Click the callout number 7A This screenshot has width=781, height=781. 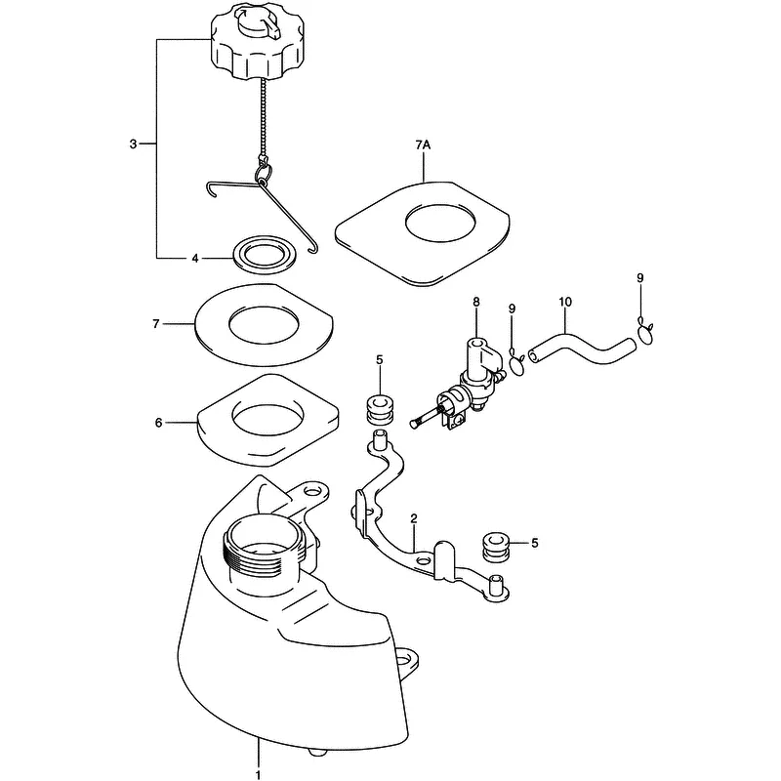click(x=423, y=144)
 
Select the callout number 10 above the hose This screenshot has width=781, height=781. click(x=565, y=302)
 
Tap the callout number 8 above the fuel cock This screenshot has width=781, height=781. click(x=476, y=302)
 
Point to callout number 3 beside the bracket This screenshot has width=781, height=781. click(x=133, y=144)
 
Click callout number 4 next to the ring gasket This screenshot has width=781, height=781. click(x=195, y=258)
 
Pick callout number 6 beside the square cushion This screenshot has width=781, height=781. click(x=158, y=423)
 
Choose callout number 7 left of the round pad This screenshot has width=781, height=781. click(x=156, y=324)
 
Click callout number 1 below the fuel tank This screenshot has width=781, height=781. click(x=258, y=775)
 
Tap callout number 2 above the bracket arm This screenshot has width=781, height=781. click(x=414, y=518)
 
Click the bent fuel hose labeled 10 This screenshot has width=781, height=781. click(x=582, y=350)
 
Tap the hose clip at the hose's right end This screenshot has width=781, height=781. click(x=645, y=332)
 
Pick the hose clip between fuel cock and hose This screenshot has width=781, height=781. click(x=517, y=363)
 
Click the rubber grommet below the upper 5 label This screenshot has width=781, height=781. click(x=380, y=409)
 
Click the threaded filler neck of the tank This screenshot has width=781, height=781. click(x=262, y=548)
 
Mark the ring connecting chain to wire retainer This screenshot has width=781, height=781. click(x=263, y=174)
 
